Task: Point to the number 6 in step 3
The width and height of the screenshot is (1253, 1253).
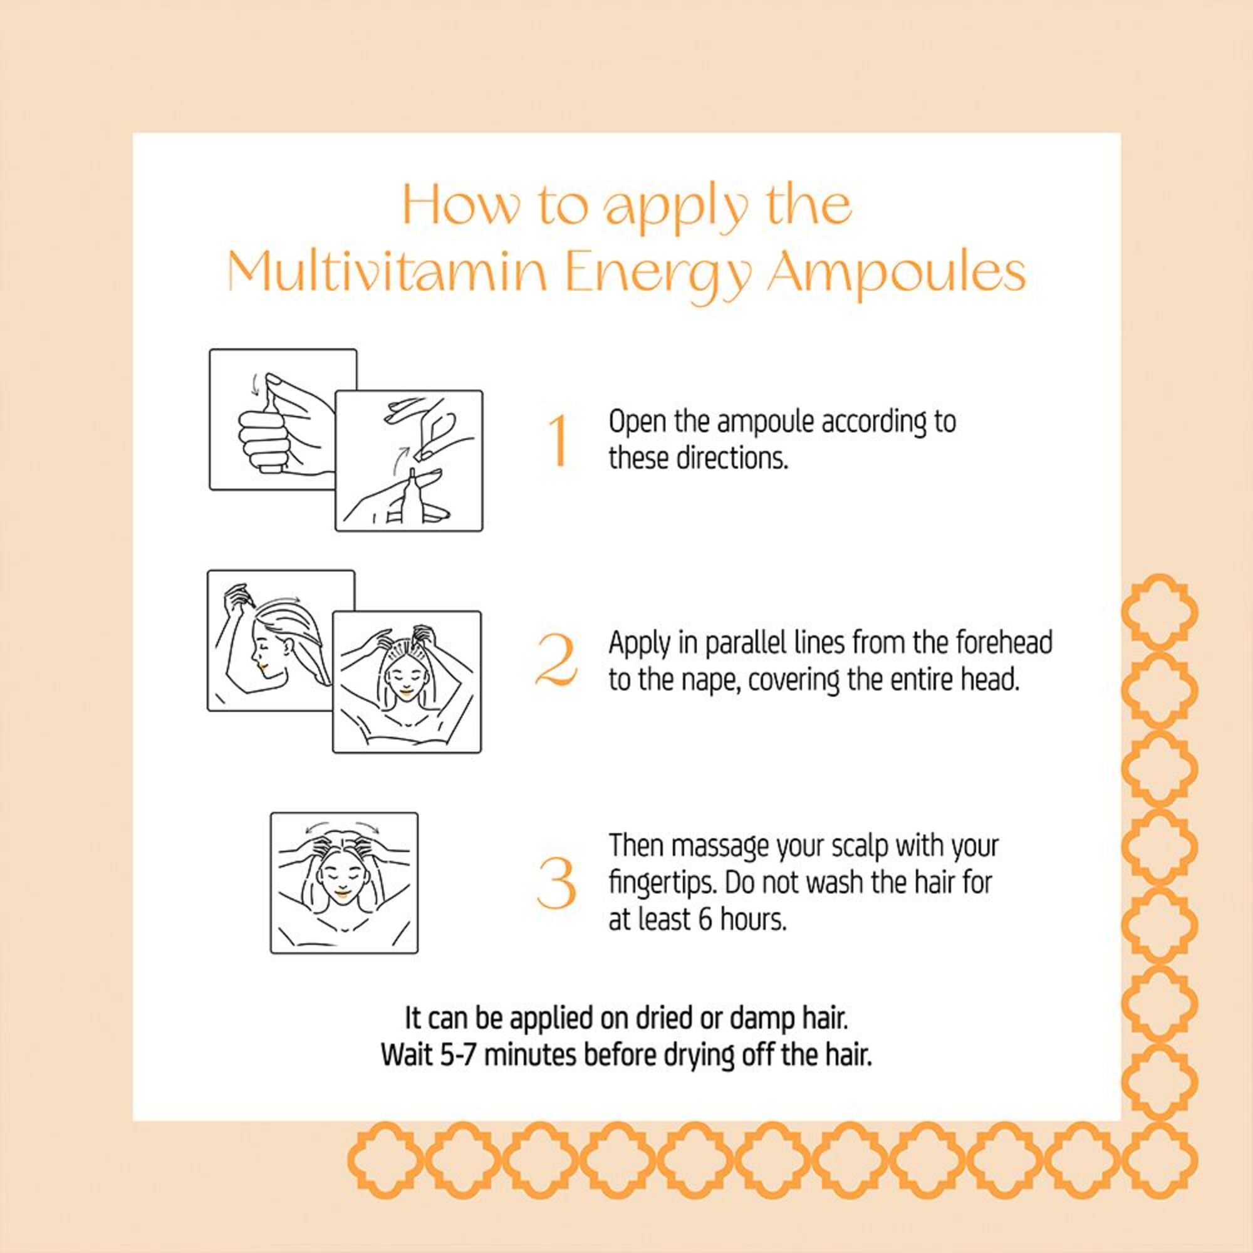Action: pos(705,920)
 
